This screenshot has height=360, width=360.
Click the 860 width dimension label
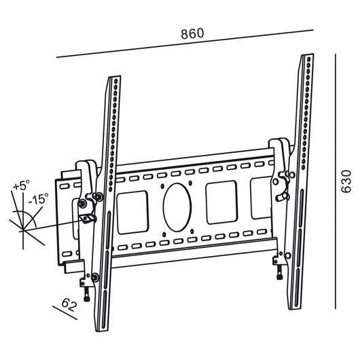click(x=192, y=33)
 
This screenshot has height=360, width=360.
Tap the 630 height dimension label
click(x=346, y=181)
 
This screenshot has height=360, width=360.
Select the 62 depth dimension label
click(x=69, y=304)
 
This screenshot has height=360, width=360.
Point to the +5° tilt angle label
click(x=21, y=185)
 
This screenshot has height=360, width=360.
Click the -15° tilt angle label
click(x=38, y=198)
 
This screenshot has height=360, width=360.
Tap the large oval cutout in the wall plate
click(x=177, y=207)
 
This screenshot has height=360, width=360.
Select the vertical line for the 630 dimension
click(x=336, y=181)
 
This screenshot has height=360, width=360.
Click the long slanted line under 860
click(x=185, y=43)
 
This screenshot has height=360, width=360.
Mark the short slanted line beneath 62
click(x=65, y=312)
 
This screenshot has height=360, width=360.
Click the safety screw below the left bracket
click(x=87, y=295)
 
